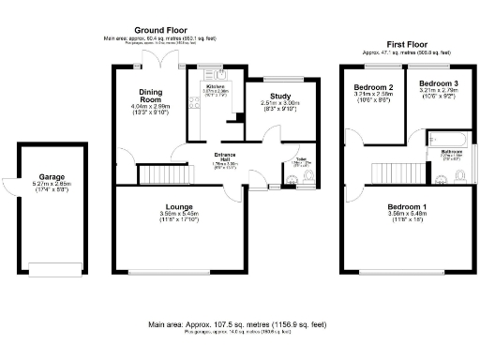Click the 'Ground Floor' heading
coord(163,31)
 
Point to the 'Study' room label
coord(280,96)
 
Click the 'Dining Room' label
coord(152,96)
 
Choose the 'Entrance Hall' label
coord(225,156)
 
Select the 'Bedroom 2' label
coord(373,86)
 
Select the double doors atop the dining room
coord(167,58)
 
